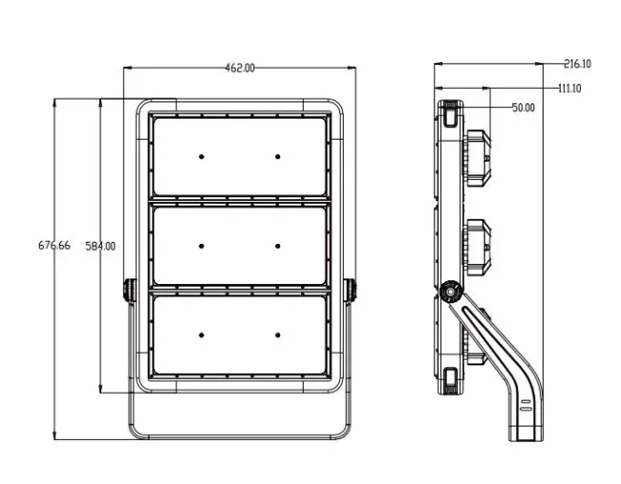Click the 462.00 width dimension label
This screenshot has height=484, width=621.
click(240, 68)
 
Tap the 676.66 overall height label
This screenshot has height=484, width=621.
click(54, 246)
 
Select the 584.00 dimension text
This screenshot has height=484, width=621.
click(100, 246)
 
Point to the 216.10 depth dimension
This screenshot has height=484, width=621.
click(577, 63)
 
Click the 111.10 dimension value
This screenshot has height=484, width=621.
click(569, 88)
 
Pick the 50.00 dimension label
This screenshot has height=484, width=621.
click(524, 107)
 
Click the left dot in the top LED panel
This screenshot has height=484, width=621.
click(202, 157)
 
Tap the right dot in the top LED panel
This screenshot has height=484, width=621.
click(278, 157)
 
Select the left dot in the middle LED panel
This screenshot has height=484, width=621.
click(202, 246)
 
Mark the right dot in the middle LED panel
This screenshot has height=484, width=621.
click(278, 246)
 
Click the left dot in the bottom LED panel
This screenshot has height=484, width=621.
click(202, 335)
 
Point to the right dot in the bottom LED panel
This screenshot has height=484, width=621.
click(278, 335)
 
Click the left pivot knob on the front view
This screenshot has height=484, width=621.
click(130, 290)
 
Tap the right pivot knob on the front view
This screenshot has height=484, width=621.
click(350, 290)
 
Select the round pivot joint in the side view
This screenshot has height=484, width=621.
click(451, 292)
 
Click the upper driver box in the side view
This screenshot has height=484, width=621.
click(478, 159)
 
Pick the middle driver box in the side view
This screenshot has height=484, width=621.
click(478, 248)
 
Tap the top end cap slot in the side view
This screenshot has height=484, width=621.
click(450, 114)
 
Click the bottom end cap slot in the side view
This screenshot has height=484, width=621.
click(450, 381)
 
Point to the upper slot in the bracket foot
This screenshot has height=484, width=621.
click(525, 402)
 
